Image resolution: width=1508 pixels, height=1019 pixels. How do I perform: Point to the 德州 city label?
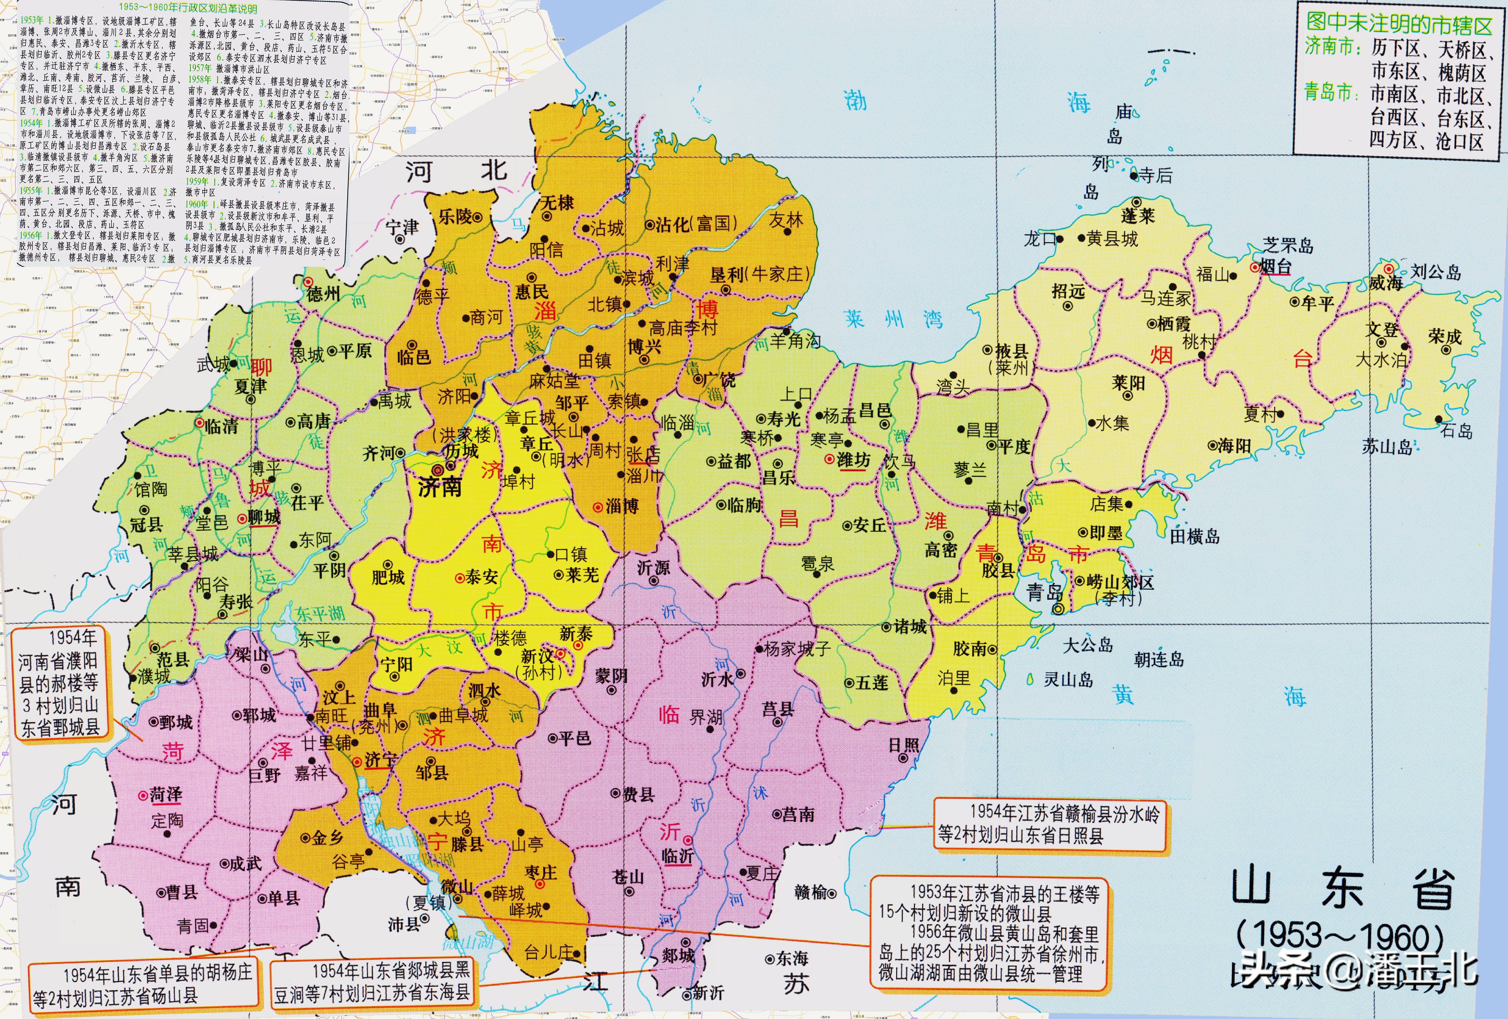323,294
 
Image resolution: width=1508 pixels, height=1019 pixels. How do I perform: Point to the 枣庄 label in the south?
541,872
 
